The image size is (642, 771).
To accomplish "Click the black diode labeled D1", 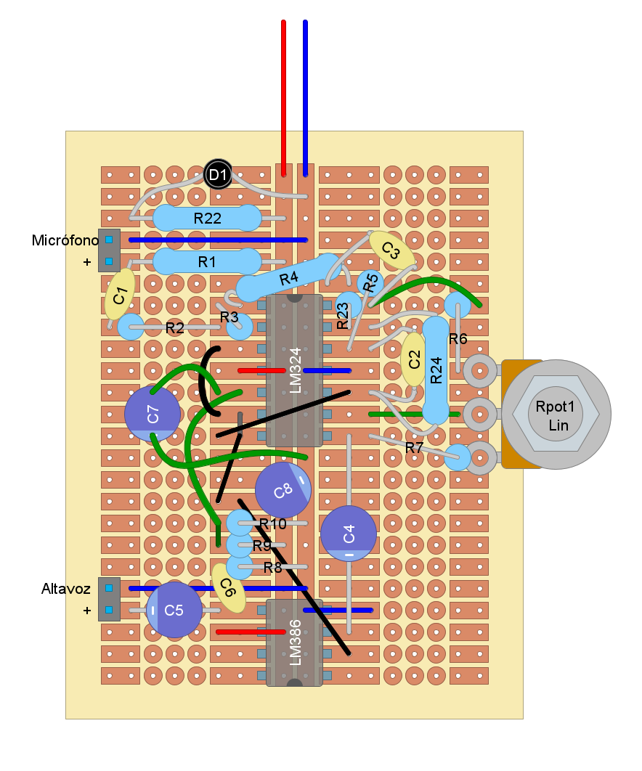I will [x=218, y=175].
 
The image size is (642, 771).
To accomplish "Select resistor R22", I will [x=207, y=218].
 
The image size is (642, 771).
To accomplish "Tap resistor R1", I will [x=207, y=261].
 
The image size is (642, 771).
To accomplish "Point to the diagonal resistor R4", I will [x=288, y=278].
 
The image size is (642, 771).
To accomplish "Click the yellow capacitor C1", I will [x=120, y=295].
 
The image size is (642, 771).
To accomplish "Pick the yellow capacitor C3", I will [x=391, y=250].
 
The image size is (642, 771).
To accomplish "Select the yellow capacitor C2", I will [x=414, y=359].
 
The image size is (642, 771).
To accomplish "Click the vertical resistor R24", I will [x=436, y=370].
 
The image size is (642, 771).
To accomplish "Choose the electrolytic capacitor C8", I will [x=283, y=490].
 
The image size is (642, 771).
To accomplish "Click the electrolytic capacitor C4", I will [x=349, y=534].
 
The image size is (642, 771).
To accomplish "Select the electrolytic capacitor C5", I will [x=174, y=610].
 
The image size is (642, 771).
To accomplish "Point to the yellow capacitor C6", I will [x=228, y=587].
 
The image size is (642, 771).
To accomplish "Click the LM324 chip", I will [x=294, y=370].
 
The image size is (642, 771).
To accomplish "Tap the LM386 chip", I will [x=294, y=642].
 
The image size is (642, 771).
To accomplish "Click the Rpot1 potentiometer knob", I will [x=556, y=414].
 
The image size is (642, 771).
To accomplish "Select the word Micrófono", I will [x=65, y=240].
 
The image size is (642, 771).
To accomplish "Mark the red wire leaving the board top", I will [x=283, y=94].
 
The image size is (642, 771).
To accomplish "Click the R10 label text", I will [x=272, y=523].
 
